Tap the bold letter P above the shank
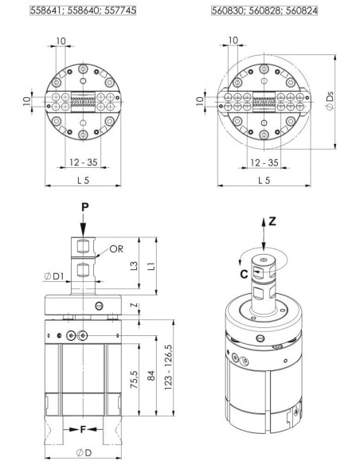click(x=84, y=207)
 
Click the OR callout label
click(x=116, y=248)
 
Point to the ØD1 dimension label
click(x=54, y=276)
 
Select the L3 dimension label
click(x=135, y=265)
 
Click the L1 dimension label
click(x=151, y=265)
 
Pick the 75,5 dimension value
click(x=134, y=380)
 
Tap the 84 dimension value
click(x=151, y=376)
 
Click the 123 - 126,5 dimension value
click(x=168, y=367)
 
